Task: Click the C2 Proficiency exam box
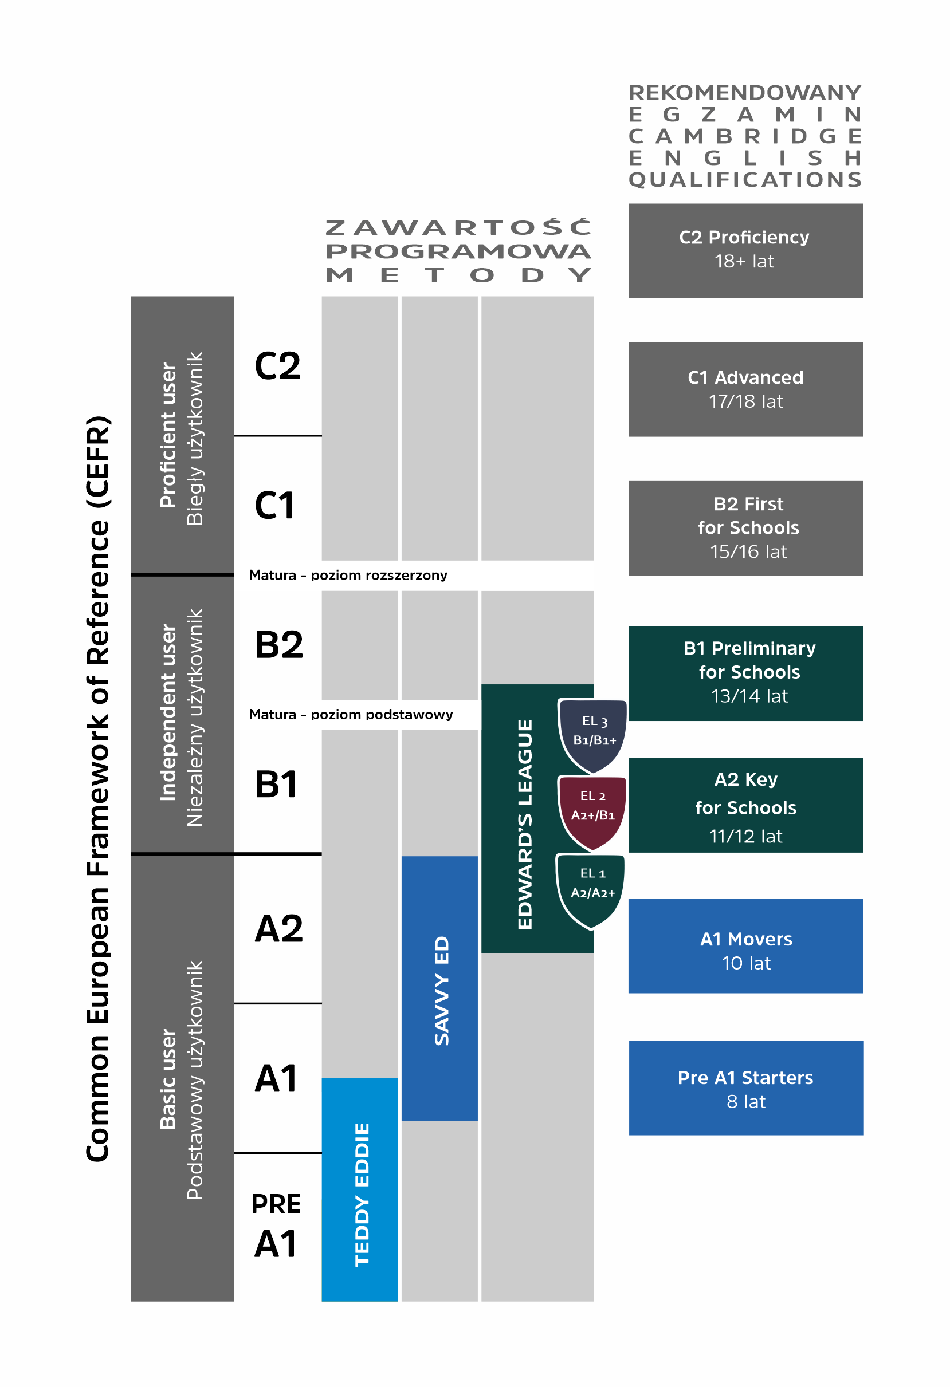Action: click(x=745, y=251)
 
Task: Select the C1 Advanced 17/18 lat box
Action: click(x=745, y=389)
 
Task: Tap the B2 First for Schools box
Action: click(x=745, y=528)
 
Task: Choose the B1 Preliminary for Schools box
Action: click(x=745, y=673)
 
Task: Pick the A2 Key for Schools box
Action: click(x=745, y=806)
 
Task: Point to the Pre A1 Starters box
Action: click(x=745, y=1089)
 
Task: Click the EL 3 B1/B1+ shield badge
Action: click(x=593, y=734)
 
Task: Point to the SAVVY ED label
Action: click(x=441, y=991)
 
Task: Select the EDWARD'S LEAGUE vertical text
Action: click(x=524, y=823)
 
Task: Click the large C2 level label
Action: click(x=277, y=366)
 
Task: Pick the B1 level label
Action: click(x=276, y=784)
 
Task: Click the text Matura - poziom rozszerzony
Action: click(x=348, y=576)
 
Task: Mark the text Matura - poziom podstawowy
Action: click(x=351, y=714)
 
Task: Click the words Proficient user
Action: click(x=168, y=436)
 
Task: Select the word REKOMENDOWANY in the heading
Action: click(x=745, y=93)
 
